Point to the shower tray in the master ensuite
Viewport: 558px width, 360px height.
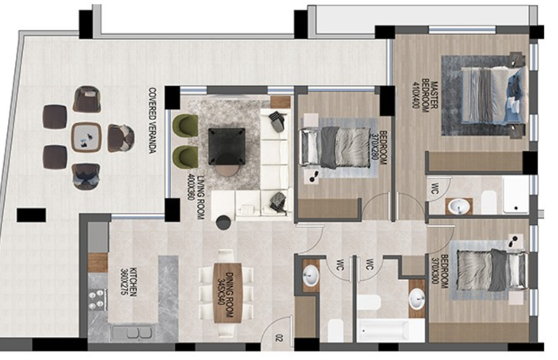point(515,195)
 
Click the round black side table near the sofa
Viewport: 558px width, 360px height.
point(223,222)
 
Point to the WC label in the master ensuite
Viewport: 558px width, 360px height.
point(434,188)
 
